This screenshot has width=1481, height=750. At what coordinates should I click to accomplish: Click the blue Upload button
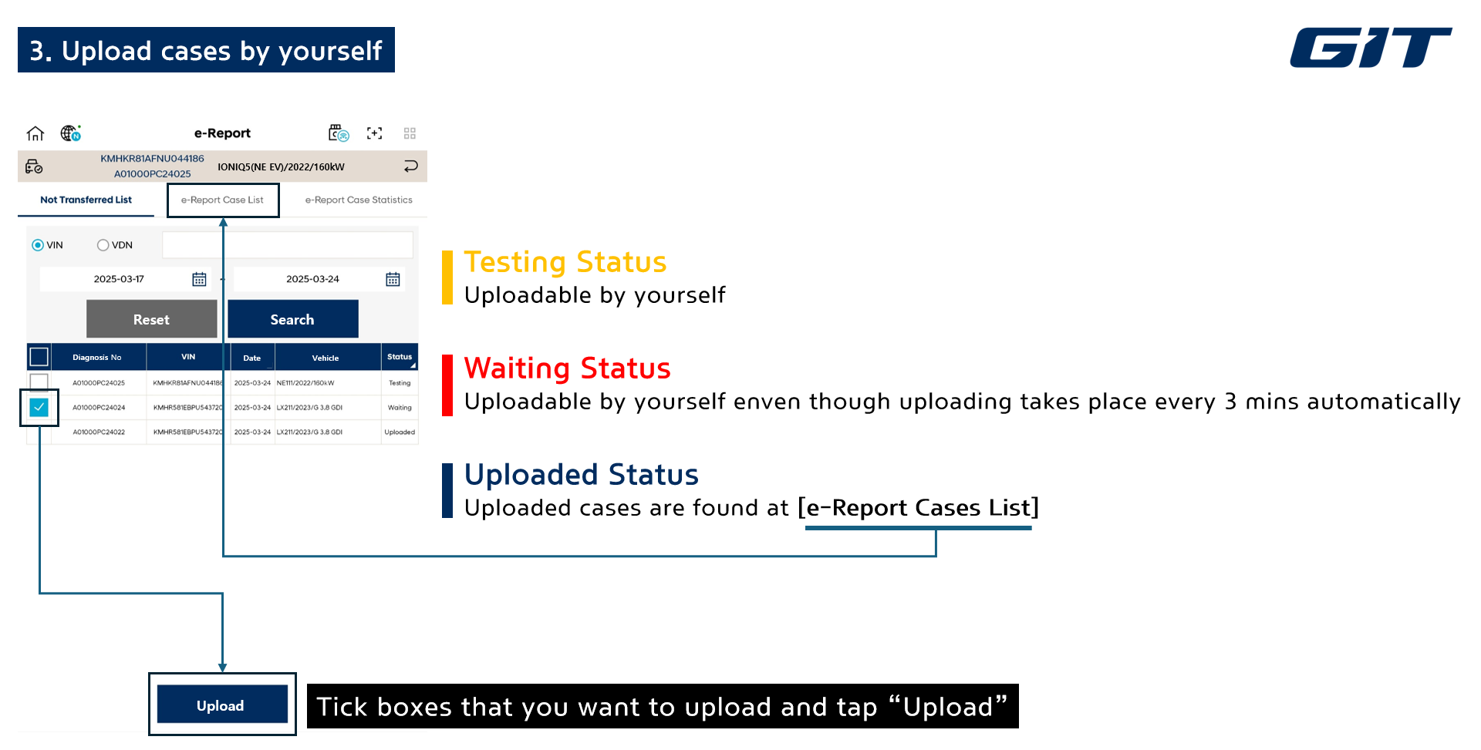(x=222, y=705)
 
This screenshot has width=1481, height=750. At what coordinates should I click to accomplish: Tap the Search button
(x=292, y=319)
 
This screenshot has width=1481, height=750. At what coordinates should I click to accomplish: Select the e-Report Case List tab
(x=222, y=200)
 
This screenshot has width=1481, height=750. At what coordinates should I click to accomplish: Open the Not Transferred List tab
(x=86, y=200)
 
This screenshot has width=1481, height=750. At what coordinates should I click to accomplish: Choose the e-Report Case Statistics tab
(x=359, y=200)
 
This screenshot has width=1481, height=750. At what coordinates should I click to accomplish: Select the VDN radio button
(x=103, y=245)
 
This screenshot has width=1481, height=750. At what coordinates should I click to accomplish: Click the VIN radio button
(x=37, y=245)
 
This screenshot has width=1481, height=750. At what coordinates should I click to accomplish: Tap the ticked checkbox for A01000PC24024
(x=39, y=407)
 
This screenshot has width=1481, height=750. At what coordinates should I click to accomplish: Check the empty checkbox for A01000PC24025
(x=39, y=382)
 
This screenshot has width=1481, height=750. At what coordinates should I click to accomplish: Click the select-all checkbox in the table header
(x=39, y=357)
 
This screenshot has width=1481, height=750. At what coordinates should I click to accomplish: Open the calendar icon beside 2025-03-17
(x=199, y=279)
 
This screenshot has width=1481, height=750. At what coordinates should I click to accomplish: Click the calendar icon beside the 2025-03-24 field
(x=393, y=279)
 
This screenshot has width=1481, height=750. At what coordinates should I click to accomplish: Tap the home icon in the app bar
(x=35, y=133)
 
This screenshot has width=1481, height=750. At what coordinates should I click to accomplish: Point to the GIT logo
(x=1371, y=48)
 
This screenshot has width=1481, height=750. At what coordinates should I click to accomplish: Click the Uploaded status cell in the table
(x=400, y=432)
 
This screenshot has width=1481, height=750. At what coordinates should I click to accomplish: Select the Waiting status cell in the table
(x=400, y=407)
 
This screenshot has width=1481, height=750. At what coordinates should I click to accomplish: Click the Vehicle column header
(x=326, y=358)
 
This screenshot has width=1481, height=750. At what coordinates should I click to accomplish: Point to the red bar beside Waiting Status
(x=447, y=385)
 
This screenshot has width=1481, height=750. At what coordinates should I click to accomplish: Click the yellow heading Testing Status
(x=565, y=262)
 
